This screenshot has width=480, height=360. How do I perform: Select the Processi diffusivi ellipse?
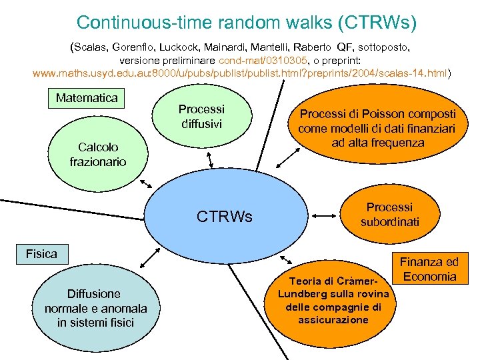201,116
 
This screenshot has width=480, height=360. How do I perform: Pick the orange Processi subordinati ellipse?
390,215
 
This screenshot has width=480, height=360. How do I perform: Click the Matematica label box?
87,98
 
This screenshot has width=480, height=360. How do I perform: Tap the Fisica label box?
41,253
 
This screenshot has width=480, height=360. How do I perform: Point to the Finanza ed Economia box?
429,269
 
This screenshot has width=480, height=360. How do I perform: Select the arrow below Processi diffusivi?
211,157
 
